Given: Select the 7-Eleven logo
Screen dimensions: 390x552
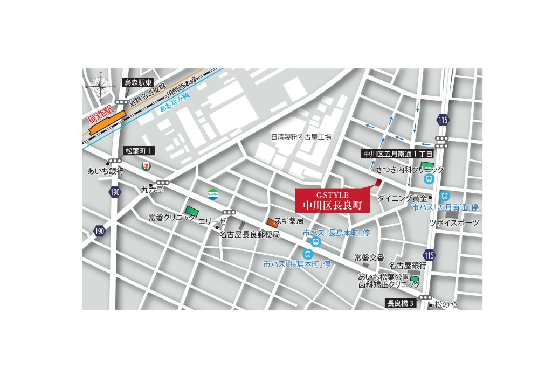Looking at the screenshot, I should [146, 165].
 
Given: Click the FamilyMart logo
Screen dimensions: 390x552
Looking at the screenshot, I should [213, 194].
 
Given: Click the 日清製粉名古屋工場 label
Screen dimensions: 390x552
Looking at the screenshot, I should [301, 137].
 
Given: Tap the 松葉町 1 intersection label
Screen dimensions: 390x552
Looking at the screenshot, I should [140, 151].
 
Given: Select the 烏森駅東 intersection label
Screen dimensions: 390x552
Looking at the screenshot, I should [139, 82].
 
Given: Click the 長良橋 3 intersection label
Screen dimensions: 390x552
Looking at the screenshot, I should [401, 303].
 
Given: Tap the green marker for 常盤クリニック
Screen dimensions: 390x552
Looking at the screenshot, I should [191, 211].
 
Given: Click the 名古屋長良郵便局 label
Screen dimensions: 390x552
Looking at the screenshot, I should [250, 235].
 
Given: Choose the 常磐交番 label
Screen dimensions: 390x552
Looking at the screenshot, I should [369, 257].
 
